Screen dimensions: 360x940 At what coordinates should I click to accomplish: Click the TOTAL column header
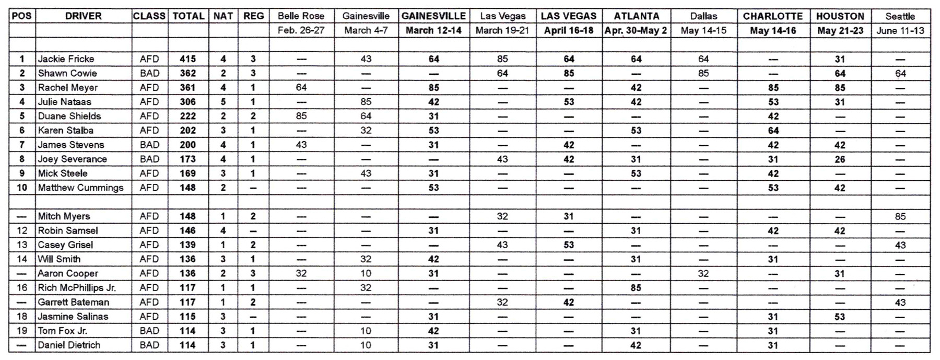point(188,16)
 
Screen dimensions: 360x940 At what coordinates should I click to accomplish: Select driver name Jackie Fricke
point(66,59)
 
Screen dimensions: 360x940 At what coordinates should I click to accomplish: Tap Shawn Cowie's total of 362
point(188,73)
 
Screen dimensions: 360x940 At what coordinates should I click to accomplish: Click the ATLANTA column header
point(636,16)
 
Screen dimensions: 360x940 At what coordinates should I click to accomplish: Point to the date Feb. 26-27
point(301,30)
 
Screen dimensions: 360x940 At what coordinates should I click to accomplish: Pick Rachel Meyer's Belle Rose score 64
point(301,87)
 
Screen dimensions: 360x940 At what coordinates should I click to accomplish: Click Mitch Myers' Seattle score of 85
point(900,216)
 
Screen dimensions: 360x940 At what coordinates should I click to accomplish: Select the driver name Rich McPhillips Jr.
point(77,288)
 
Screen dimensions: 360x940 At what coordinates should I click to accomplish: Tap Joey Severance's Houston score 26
point(839,159)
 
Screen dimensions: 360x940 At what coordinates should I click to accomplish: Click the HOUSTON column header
point(840,16)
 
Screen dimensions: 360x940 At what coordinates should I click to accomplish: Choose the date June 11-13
point(900,30)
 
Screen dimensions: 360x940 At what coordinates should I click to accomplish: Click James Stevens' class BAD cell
point(149,145)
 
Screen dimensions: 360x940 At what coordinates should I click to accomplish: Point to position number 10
point(22,188)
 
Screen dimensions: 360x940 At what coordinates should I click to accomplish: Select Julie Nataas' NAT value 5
point(223,102)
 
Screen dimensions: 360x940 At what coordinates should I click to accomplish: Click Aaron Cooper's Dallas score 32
point(703,273)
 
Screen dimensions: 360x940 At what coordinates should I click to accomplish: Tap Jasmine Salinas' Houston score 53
point(839,317)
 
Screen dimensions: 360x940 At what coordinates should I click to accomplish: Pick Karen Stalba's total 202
point(188,131)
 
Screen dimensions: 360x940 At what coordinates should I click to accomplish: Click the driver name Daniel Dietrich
point(69,345)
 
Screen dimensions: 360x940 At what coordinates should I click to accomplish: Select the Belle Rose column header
point(301,16)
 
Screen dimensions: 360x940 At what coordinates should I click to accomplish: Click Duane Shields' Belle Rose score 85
point(301,116)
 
